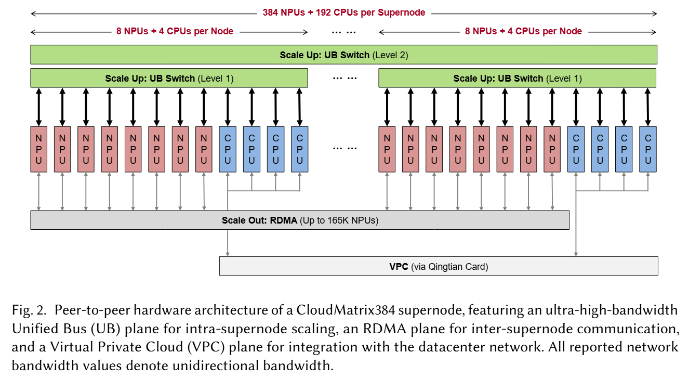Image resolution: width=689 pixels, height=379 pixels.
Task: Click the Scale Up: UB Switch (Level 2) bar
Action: (343, 55)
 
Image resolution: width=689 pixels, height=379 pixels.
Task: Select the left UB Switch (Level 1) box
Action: (169, 79)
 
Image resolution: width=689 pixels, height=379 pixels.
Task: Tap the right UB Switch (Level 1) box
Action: (517, 79)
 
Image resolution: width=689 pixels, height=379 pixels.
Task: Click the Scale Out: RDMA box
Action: (300, 220)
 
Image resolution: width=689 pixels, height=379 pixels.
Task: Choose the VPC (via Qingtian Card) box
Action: (439, 266)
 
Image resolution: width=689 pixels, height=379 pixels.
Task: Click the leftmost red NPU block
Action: (38, 149)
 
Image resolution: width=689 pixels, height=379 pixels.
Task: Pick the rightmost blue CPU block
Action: (647, 149)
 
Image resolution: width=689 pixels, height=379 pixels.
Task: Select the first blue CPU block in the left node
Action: (228, 149)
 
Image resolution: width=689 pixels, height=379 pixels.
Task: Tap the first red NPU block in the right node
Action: (387, 149)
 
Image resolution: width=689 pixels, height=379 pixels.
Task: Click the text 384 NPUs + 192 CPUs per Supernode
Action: (343, 12)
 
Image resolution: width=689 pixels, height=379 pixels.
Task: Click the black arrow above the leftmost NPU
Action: (38, 107)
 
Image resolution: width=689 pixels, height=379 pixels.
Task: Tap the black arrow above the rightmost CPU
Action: (647, 107)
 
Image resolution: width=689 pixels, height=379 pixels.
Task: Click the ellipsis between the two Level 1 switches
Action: (344, 79)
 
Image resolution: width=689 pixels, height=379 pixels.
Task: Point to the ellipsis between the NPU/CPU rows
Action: (344, 148)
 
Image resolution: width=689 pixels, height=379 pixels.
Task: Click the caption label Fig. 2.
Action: (27, 311)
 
